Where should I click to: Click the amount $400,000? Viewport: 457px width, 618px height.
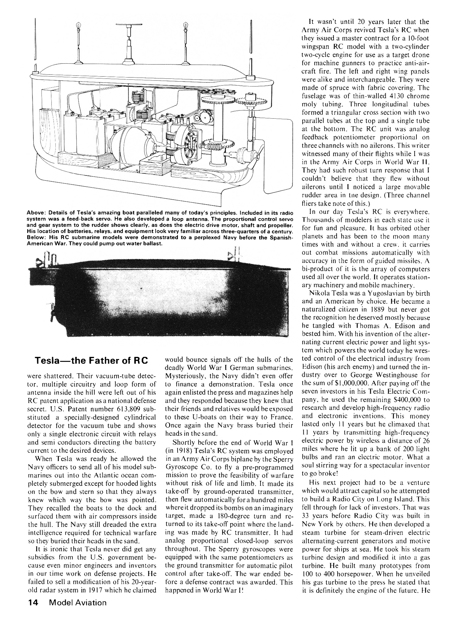391,400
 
